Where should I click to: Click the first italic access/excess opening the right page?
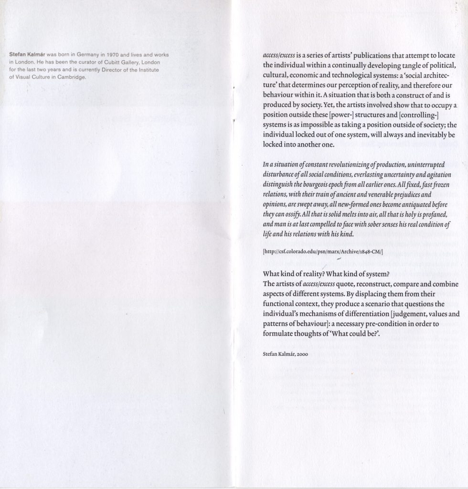(x=279, y=55)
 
